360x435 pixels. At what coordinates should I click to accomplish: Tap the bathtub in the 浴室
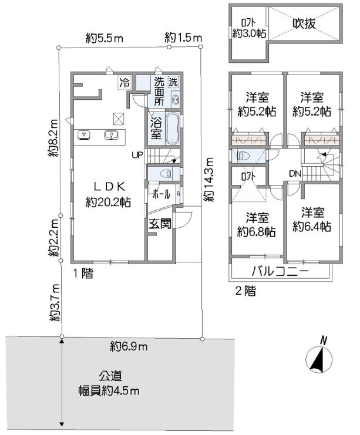click(x=173, y=129)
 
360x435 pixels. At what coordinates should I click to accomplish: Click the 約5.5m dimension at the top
click(x=104, y=39)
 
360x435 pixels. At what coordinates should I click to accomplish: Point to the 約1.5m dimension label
click(x=183, y=39)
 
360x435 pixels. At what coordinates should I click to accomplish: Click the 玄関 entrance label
click(x=159, y=224)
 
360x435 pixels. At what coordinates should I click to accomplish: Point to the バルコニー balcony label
click(x=280, y=272)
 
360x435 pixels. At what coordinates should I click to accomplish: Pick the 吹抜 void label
click(x=305, y=24)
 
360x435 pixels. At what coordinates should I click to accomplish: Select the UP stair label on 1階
click(x=137, y=156)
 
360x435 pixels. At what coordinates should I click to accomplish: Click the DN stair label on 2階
click(x=294, y=173)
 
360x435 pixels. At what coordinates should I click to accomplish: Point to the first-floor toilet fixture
click(x=167, y=174)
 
